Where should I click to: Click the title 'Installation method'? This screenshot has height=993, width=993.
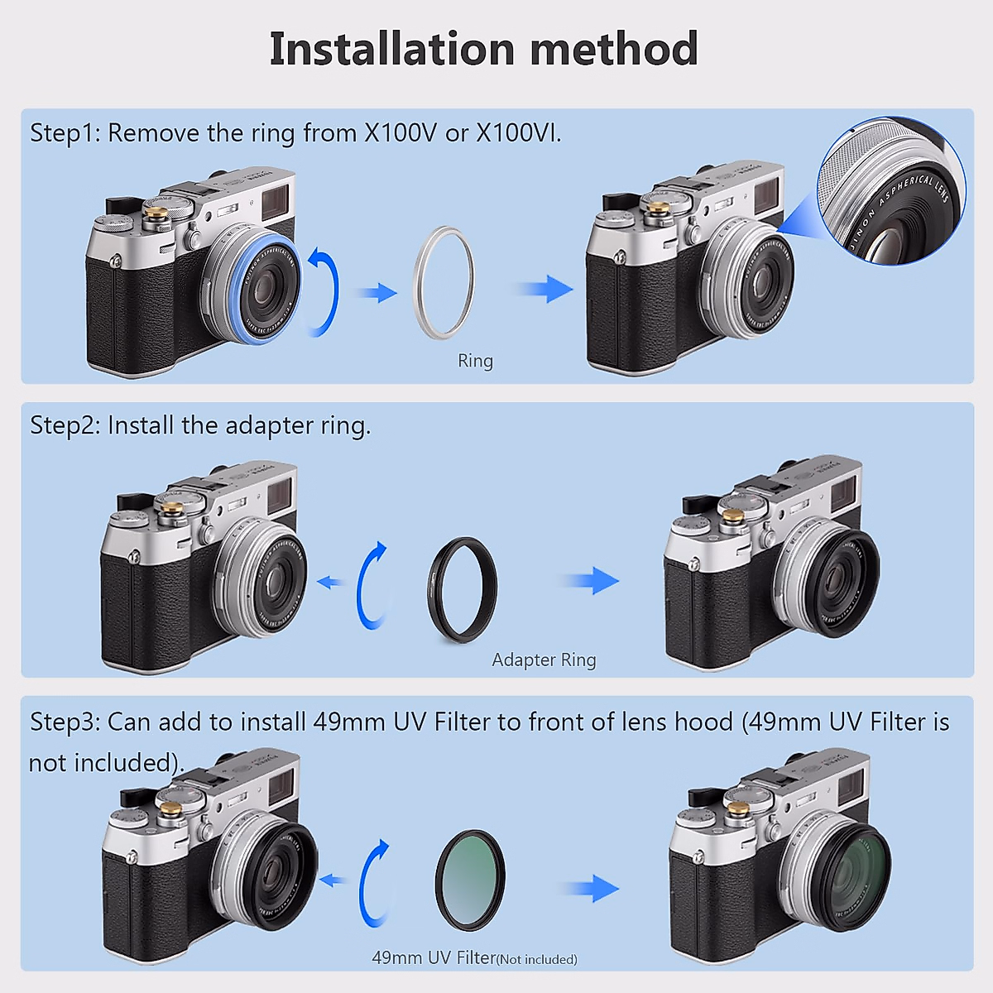(484, 49)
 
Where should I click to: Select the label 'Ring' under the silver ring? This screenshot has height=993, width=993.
(475, 361)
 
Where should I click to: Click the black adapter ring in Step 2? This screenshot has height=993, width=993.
(463, 589)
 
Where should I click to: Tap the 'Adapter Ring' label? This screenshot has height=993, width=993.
(544, 660)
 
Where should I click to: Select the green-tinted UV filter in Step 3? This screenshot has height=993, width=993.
(469, 882)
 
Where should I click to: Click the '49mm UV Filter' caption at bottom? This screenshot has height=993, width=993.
(433, 957)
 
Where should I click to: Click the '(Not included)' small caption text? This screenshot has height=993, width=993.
(537, 959)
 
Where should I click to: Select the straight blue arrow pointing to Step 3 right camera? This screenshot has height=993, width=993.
(592, 889)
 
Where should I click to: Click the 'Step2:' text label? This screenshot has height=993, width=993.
(66, 425)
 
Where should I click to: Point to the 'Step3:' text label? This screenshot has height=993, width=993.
(66, 722)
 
